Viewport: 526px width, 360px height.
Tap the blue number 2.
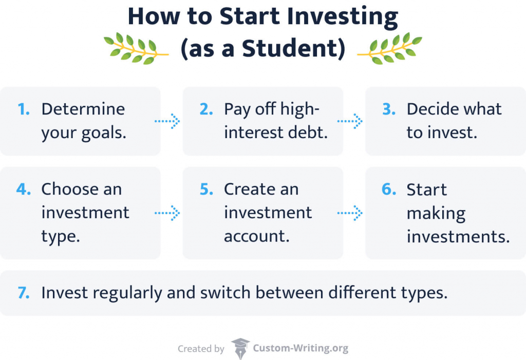[x=206, y=109]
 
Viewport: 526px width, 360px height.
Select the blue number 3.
[x=389, y=109]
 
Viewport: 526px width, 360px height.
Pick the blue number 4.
[x=23, y=189]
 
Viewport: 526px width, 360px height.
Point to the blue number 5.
[x=206, y=189]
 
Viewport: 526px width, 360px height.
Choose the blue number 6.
[x=389, y=189]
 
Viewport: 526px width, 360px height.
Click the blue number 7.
[x=23, y=293]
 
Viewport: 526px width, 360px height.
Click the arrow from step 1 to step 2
[x=167, y=121]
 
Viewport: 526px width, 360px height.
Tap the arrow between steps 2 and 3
[x=350, y=121]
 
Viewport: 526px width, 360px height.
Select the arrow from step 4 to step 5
[x=167, y=212]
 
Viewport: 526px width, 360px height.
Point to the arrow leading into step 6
[x=350, y=212]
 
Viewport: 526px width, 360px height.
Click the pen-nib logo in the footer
[x=240, y=349]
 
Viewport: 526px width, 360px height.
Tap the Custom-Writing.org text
[x=300, y=349]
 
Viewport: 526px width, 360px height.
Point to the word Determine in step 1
[x=83, y=109]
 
